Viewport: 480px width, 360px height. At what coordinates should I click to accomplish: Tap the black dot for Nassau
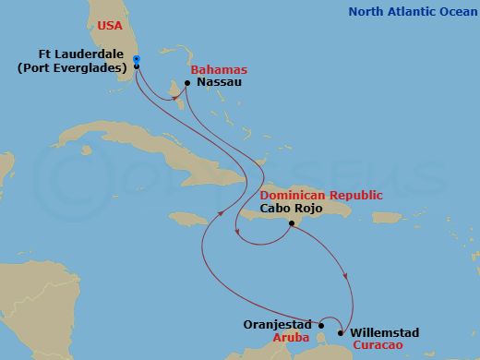[187, 83]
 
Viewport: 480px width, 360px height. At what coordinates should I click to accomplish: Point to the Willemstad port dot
[341, 332]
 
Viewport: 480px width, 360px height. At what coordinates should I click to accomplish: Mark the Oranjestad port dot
[320, 324]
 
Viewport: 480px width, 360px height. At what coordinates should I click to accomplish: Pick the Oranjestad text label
[278, 324]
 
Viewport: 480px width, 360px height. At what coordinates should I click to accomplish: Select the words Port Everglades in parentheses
[72, 67]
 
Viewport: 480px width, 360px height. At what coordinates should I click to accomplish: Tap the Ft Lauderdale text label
[85, 54]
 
